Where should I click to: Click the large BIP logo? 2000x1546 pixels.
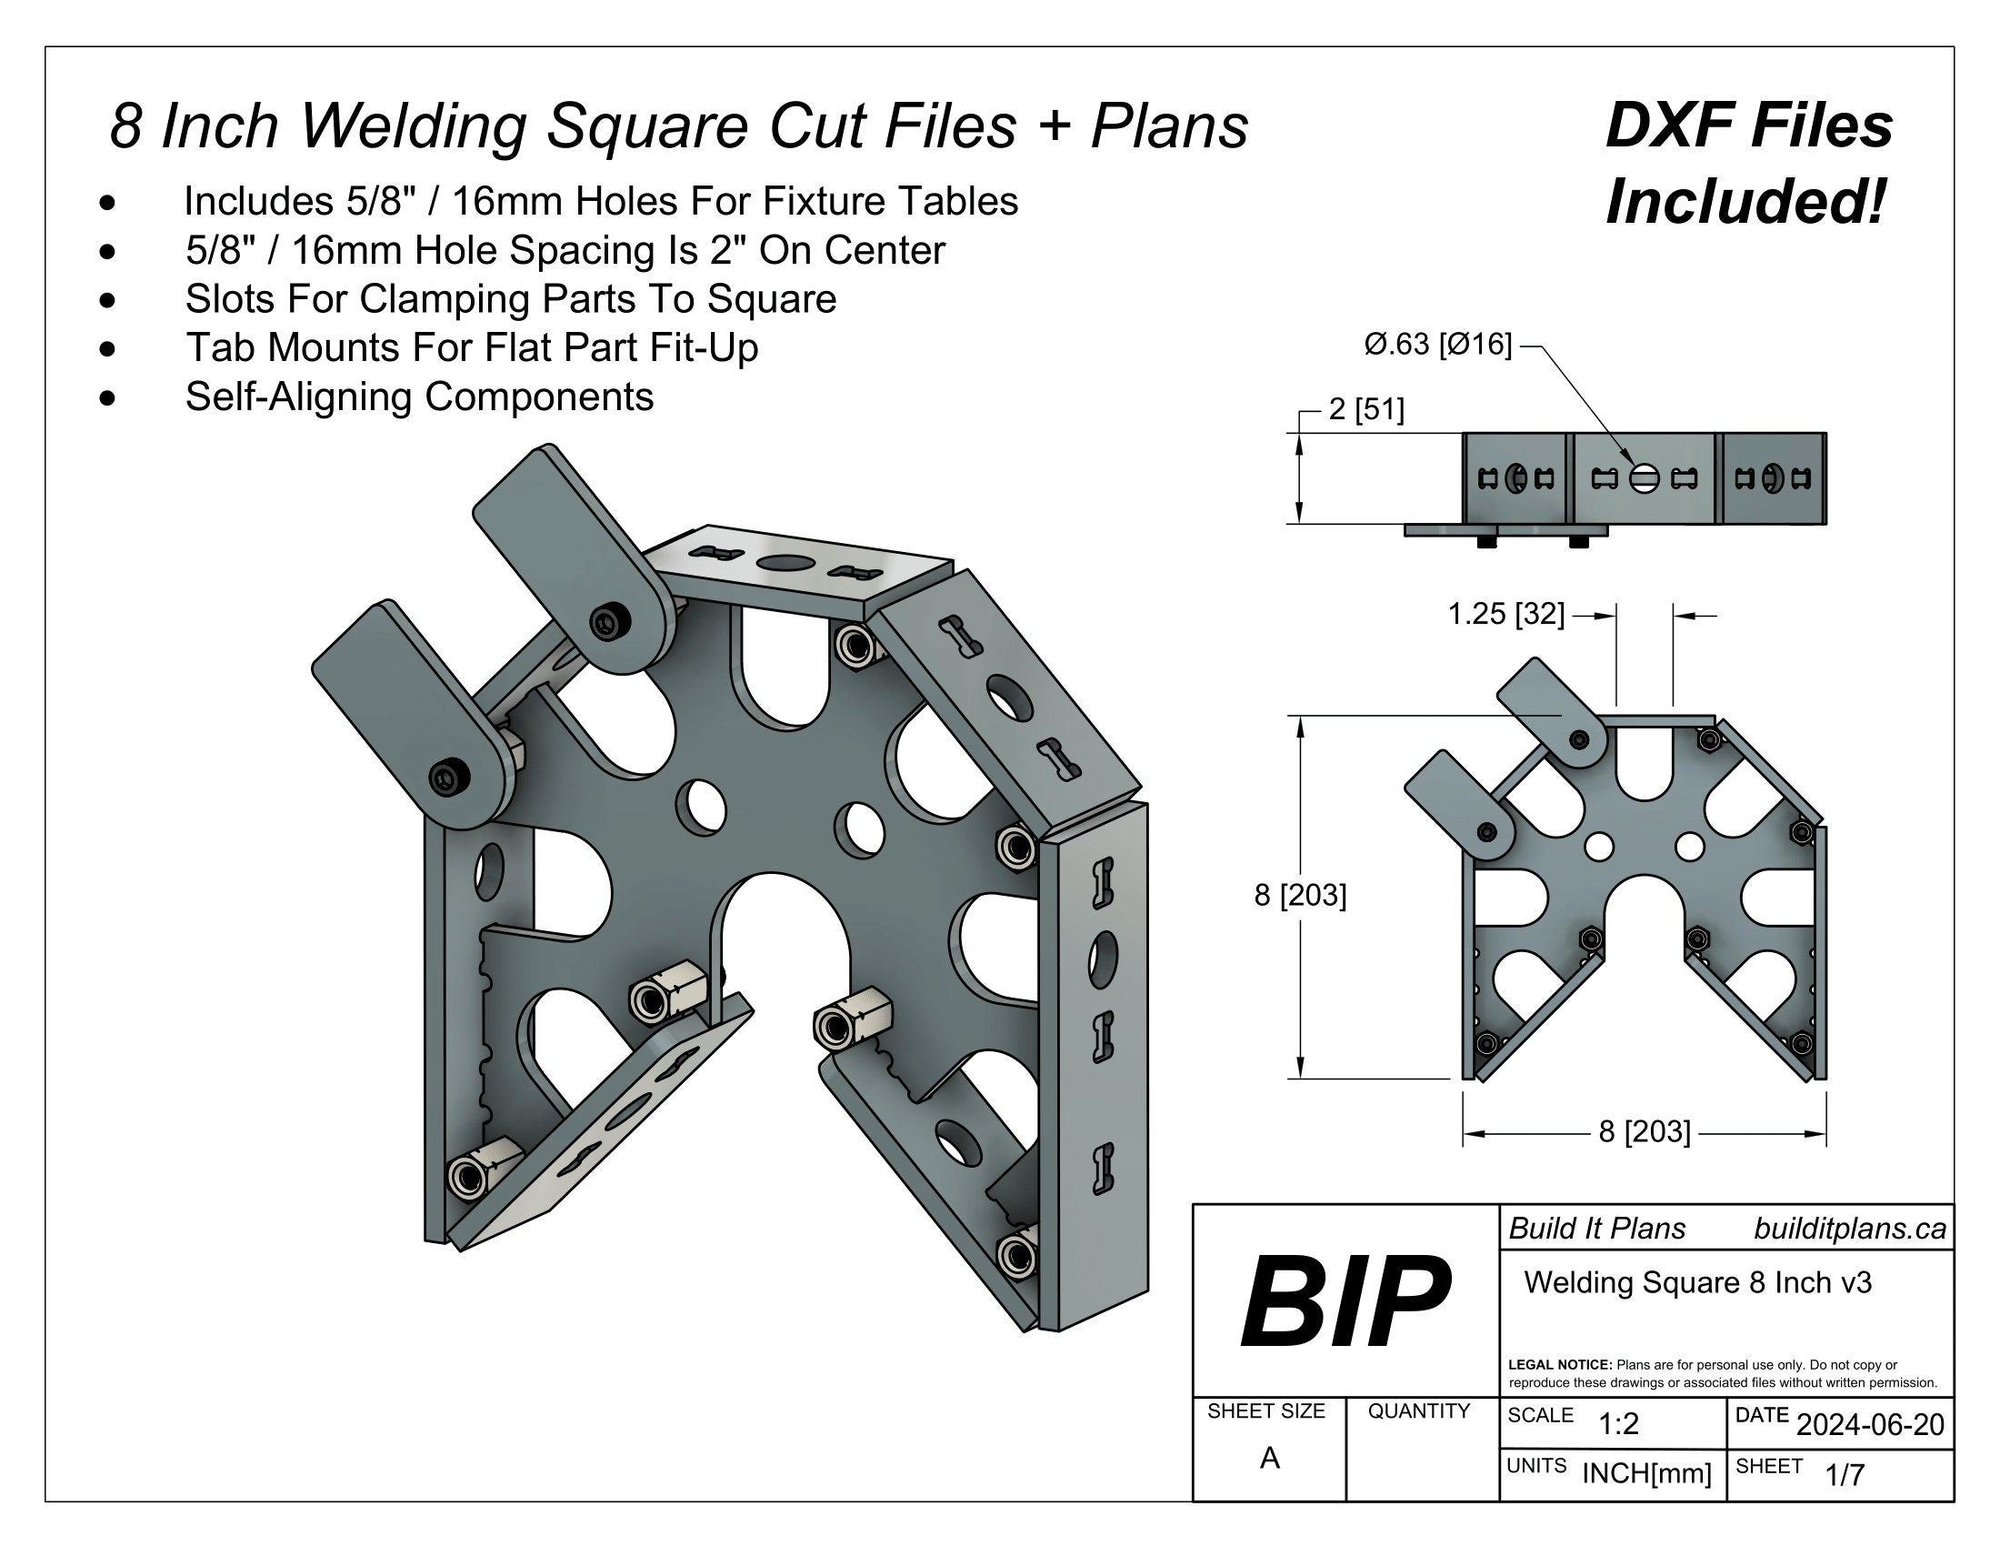coord(1345,1301)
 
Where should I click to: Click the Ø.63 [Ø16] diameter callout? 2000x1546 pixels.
coord(1438,345)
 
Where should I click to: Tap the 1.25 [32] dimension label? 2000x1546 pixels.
coord(1505,614)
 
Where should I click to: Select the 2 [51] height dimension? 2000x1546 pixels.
coord(1365,409)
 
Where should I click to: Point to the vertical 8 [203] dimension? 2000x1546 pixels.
coord(1299,895)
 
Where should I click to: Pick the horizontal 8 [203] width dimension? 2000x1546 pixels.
coord(1644,1132)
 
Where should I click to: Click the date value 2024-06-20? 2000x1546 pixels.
coord(1870,1424)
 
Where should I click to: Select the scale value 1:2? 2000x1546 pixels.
coord(1618,1424)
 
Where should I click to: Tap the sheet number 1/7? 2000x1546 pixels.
coord(1845,1474)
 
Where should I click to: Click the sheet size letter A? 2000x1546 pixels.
coord(1268,1458)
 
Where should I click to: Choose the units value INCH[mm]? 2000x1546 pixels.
coord(1646,1473)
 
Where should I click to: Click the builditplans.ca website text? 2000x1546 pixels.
coord(1849,1230)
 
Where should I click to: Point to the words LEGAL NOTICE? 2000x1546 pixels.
coord(1559,1365)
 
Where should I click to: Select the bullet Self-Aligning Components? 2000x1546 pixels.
coord(419,397)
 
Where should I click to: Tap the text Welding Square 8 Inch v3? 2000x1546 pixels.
coord(1697,1282)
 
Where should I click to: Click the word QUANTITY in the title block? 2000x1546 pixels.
coord(1418,1411)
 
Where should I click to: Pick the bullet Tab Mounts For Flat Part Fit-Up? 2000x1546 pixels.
coord(472,348)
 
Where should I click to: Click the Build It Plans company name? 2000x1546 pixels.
coord(1597,1230)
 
